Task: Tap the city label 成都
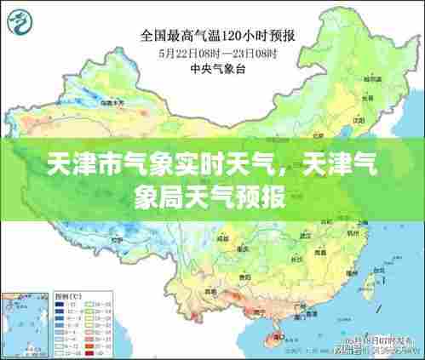pos(225,241)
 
